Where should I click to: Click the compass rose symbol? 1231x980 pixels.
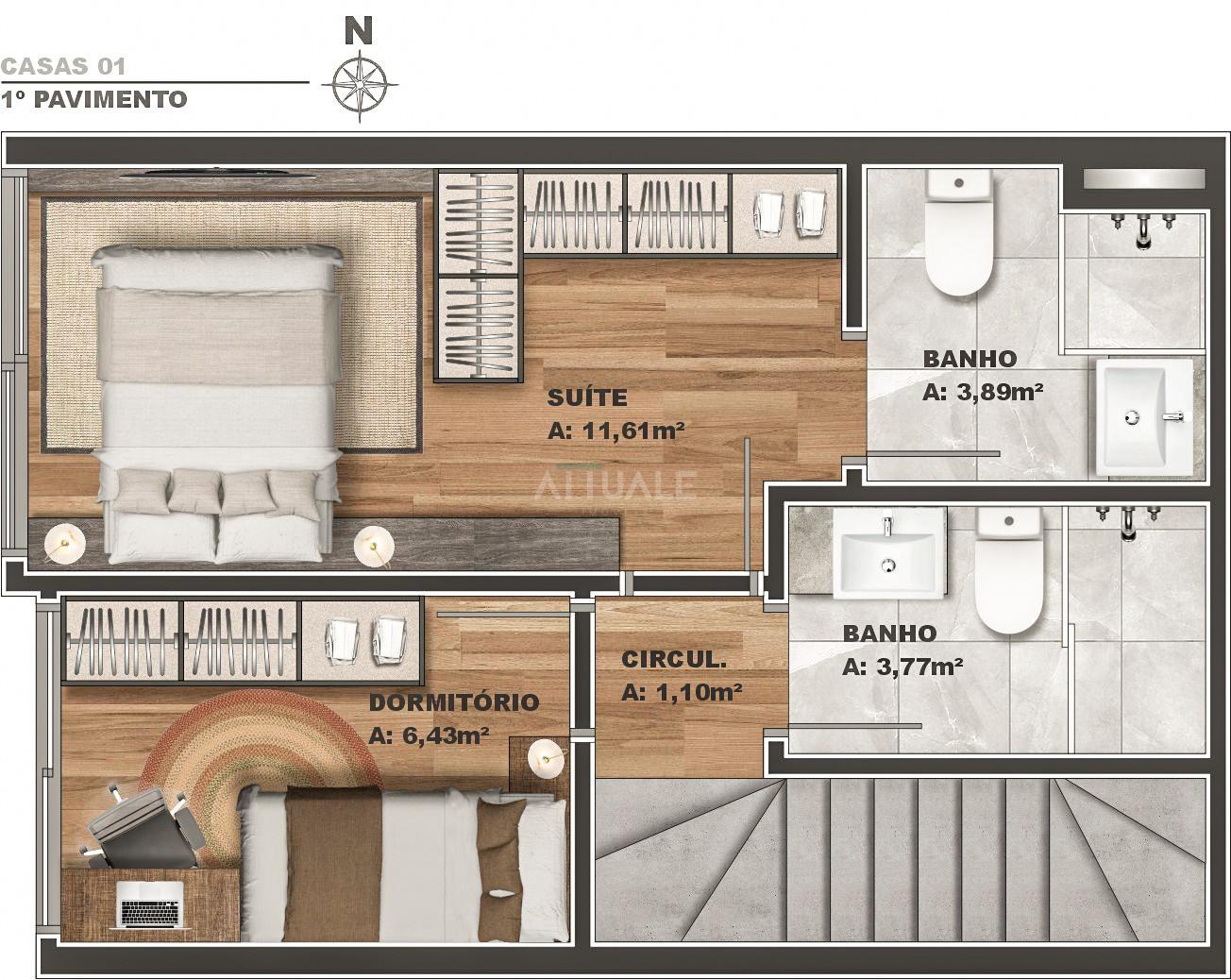pyautogui.click(x=360, y=85)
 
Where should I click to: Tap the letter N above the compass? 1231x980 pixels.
pyautogui.click(x=359, y=30)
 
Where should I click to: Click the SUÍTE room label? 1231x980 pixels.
pyautogui.click(x=587, y=397)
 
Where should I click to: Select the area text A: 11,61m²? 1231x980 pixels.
pyautogui.click(x=616, y=431)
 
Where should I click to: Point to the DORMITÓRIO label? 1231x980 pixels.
pyautogui.click(x=454, y=702)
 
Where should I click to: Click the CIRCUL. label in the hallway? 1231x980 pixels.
pyautogui.click(x=674, y=659)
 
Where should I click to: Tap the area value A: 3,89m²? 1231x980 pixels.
pyautogui.click(x=983, y=392)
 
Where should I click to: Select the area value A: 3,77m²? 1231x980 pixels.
pyautogui.click(x=902, y=667)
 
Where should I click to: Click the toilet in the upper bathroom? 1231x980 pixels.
pyautogui.click(x=959, y=232)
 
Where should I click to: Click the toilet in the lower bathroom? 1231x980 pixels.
pyautogui.click(x=1009, y=571)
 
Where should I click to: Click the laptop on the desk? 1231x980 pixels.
pyautogui.click(x=150, y=904)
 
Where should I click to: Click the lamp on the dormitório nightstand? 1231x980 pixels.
pyautogui.click(x=547, y=757)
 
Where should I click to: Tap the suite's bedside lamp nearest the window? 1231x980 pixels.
pyautogui.click(x=64, y=544)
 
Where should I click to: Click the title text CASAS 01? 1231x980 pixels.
pyautogui.click(x=63, y=66)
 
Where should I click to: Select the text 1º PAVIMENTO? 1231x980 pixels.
pyautogui.click(x=93, y=99)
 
